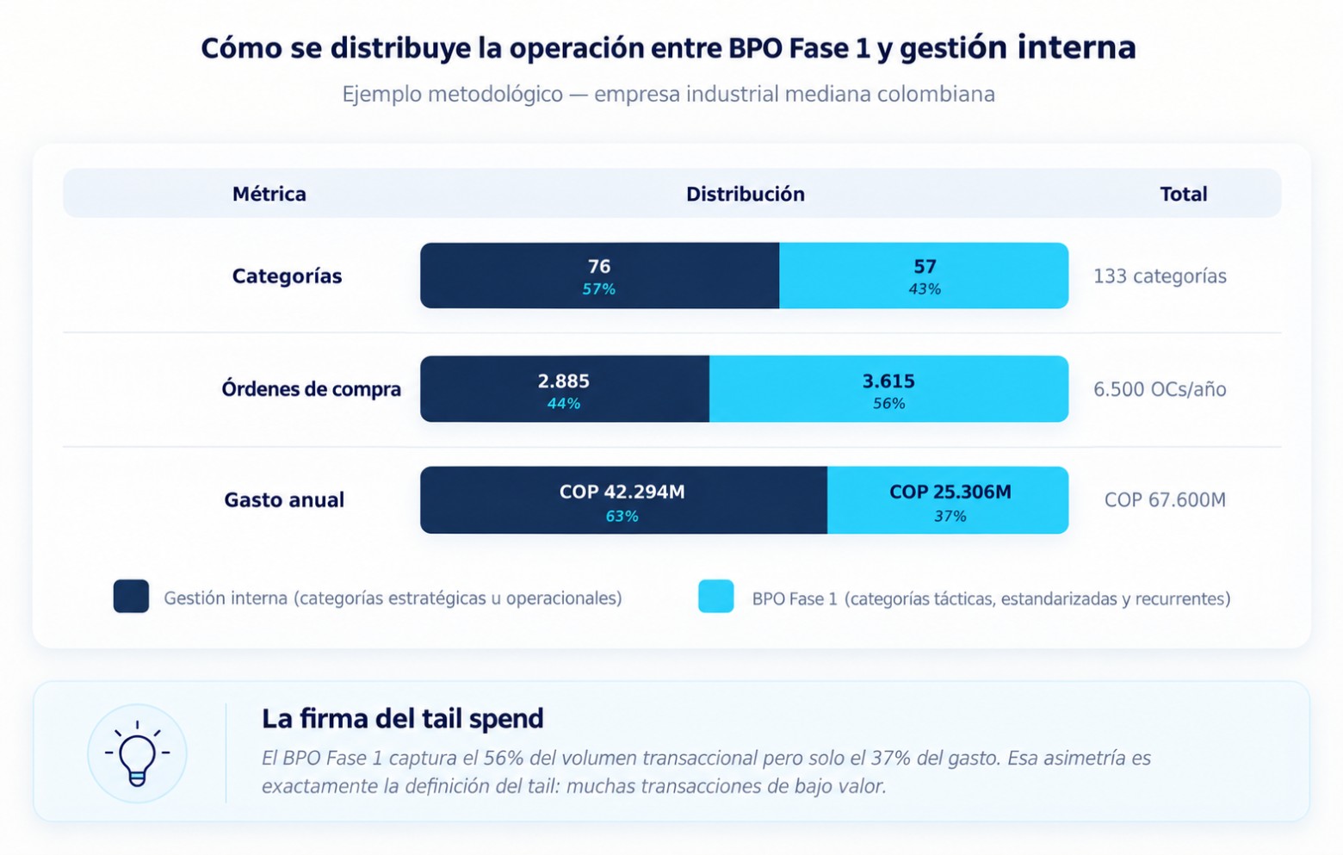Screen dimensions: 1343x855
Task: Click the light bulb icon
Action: [x=137, y=753]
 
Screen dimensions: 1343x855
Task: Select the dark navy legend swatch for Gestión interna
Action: [x=132, y=596]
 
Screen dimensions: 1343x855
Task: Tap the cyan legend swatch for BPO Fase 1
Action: [x=716, y=596]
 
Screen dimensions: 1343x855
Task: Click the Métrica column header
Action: [x=269, y=194]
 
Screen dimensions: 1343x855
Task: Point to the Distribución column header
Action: [x=746, y=194]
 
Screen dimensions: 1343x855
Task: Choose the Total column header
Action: [x=1184, y=194]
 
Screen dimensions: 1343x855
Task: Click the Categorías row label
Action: [x=288, y=276]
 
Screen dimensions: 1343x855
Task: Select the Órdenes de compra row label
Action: [x=311, y=388]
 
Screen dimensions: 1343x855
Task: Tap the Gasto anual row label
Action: [x=284, y=499]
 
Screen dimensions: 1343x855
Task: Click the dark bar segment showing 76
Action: [x=599, y=276]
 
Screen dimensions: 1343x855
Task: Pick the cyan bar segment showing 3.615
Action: [x=888, y=388]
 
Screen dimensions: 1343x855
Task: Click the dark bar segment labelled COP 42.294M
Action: [x=623, y=500]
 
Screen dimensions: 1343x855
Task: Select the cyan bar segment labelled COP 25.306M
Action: [x=948, y=500]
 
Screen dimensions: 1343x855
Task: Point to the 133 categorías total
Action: [x=1160, y=276]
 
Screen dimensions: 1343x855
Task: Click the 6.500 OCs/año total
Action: [x=1160, y=389]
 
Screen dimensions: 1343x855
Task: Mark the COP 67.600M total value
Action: [x=1165, y=499]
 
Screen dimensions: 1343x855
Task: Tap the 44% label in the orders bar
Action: [x=564, y=404]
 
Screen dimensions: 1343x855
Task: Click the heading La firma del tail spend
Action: [x=402, y=718]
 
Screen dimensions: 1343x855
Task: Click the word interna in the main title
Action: [x=1076, y=47]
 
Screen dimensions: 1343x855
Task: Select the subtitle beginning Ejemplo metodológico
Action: [x=669, y=94]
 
